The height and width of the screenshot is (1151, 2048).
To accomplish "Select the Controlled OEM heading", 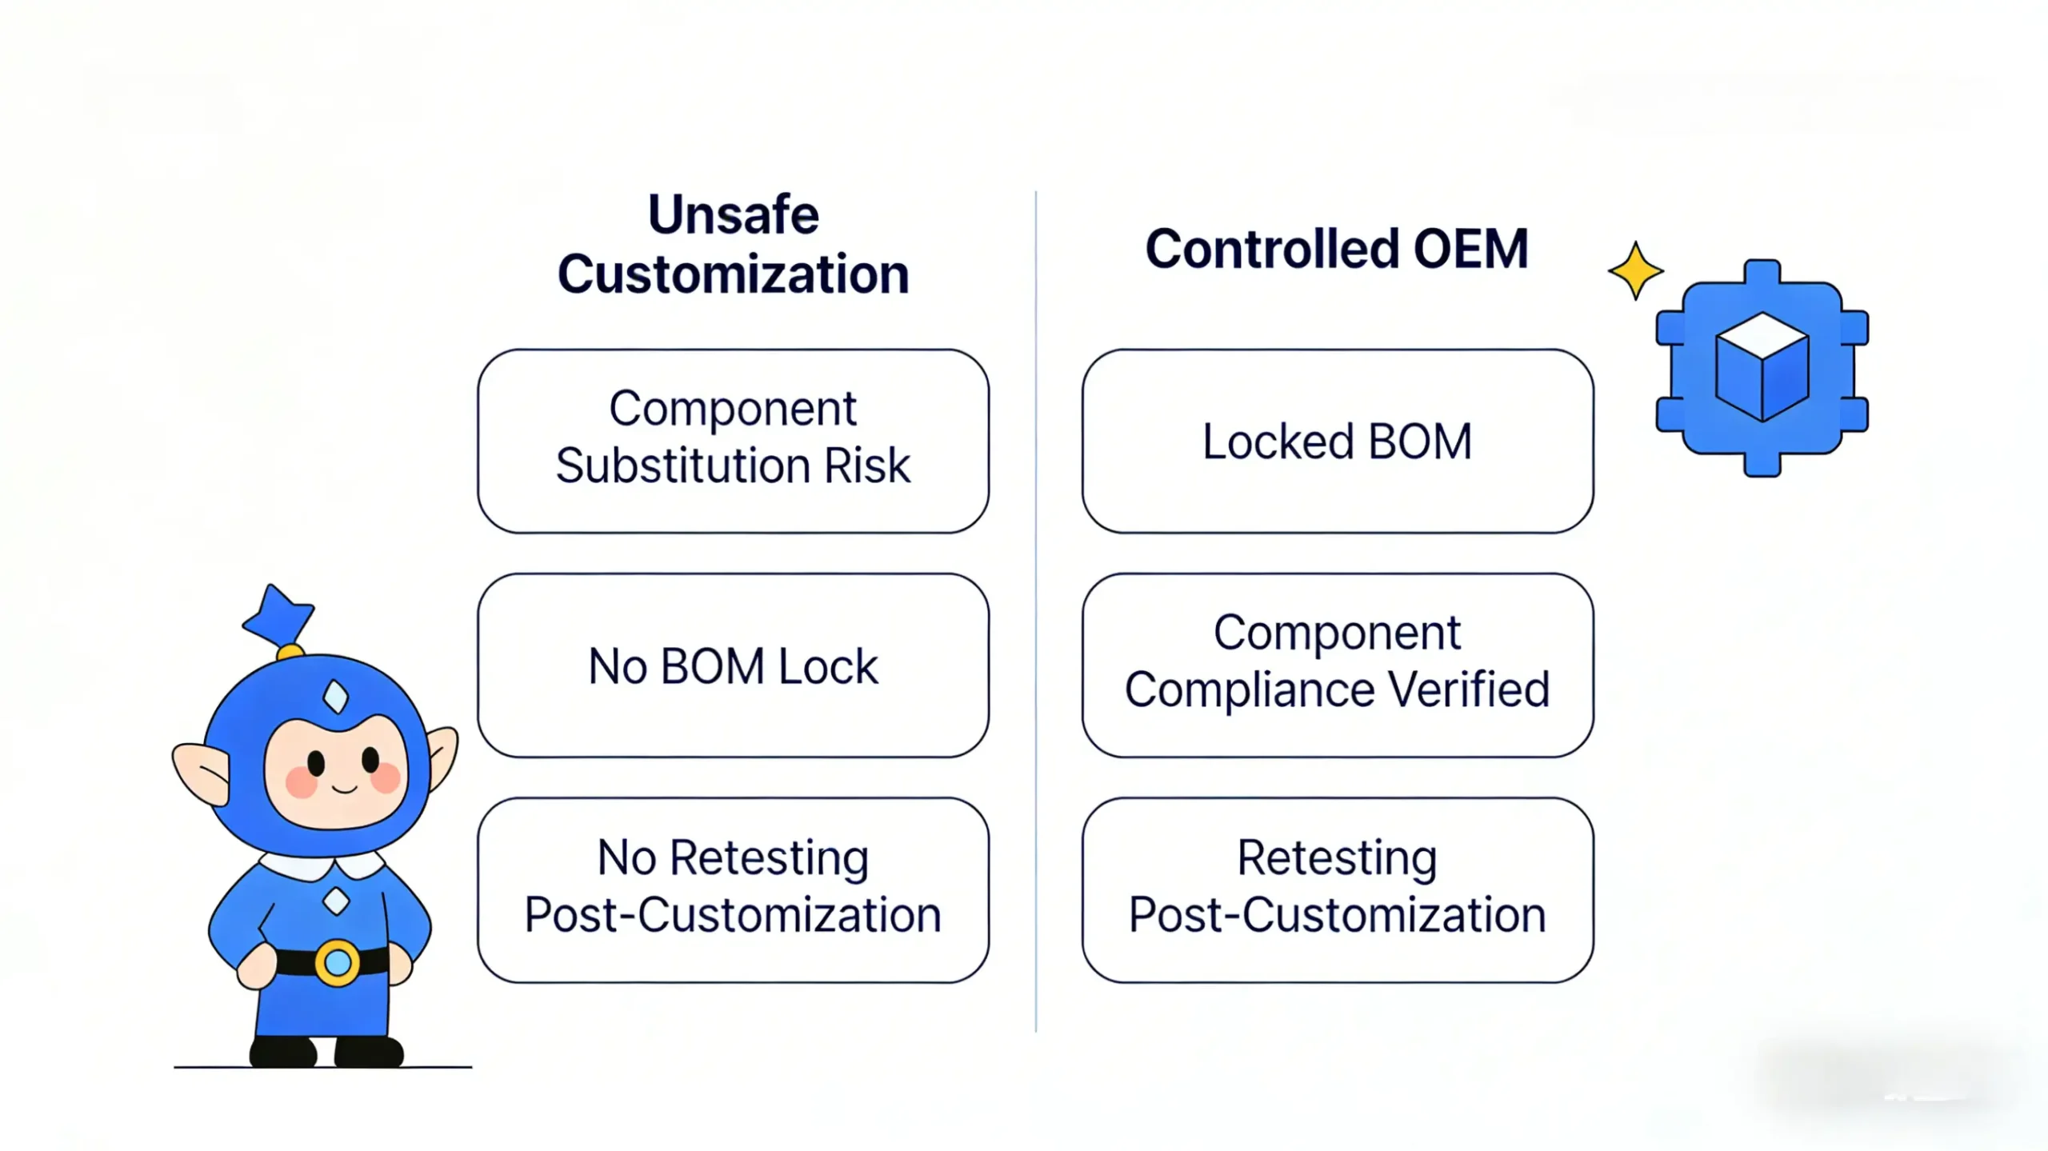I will click(1337, 249).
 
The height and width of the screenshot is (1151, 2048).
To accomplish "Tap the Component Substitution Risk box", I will click(733, 441).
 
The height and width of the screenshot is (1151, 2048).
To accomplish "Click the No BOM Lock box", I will click(733, 665).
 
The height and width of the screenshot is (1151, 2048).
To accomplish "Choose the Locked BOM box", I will click(1337, 441).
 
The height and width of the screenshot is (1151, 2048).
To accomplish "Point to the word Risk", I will click(867, 466).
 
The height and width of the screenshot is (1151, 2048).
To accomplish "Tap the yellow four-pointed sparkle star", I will click(1636, 271).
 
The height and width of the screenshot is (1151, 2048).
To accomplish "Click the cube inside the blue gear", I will click(1762, 366).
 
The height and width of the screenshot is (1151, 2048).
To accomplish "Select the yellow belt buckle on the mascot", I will click(337, 961).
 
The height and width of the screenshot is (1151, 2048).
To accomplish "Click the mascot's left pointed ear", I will click(201, 772).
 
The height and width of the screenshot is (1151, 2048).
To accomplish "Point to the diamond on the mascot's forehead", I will click(336, 696).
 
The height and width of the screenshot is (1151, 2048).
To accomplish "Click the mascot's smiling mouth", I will click(344, 789).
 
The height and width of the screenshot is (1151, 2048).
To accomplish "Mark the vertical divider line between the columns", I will click(1036, 608).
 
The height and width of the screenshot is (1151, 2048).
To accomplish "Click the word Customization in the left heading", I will click(733, 274).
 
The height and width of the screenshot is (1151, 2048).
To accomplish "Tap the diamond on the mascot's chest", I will click(336, 901).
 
